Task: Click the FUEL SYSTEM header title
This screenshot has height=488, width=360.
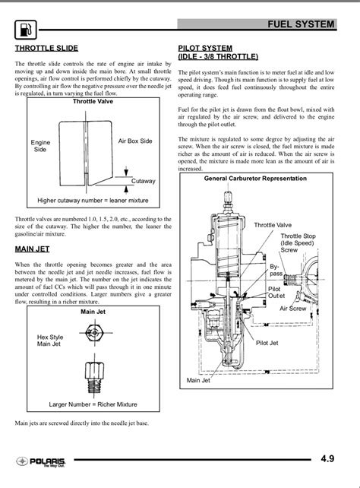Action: pyautogui.click(x=301, y=25)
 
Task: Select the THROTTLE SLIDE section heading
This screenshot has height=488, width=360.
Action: pyautogui.click(x=46, y=48)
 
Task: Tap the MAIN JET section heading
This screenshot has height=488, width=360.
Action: pyautogui.click(x=33, y=249)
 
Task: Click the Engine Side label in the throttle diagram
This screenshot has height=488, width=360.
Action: pyautogui.click(x=40, y=146)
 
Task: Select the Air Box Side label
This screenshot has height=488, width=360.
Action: pyautogui.click(x=135, y=141)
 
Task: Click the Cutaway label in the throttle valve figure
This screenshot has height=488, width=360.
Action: pyautogui.click(x=143, y=181)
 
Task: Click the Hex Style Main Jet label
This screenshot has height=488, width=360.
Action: pyautogui.click(x=50, y=340)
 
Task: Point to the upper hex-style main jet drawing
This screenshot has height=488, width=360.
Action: pyautogui.click(x=92, y=333)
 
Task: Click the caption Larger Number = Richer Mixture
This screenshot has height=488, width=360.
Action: pyautogui.click(x=93, y=404)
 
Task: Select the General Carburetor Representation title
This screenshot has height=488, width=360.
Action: pyautogui.click(x=255, y=179)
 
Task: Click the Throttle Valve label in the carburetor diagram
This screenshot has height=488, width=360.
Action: pyautogui.click(x=272, y=225)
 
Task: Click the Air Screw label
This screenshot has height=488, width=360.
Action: pyautogui.click(x=292, y=309)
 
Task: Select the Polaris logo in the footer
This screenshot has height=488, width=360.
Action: pyautogui.click(x=39, y=461)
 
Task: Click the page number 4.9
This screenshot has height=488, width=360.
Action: pyautogui.click(x=327, y=458)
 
